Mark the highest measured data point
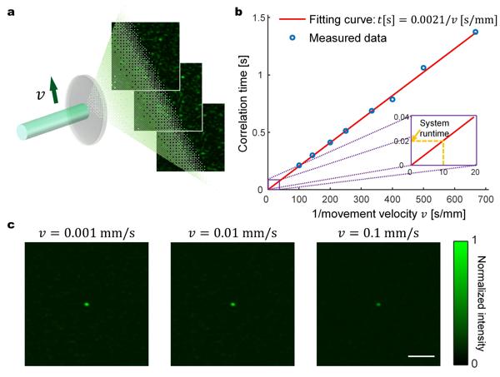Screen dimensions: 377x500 476,32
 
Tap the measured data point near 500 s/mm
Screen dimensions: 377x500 423,67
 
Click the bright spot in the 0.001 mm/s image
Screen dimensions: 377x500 86,304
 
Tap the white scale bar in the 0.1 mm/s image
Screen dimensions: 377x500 422,356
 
